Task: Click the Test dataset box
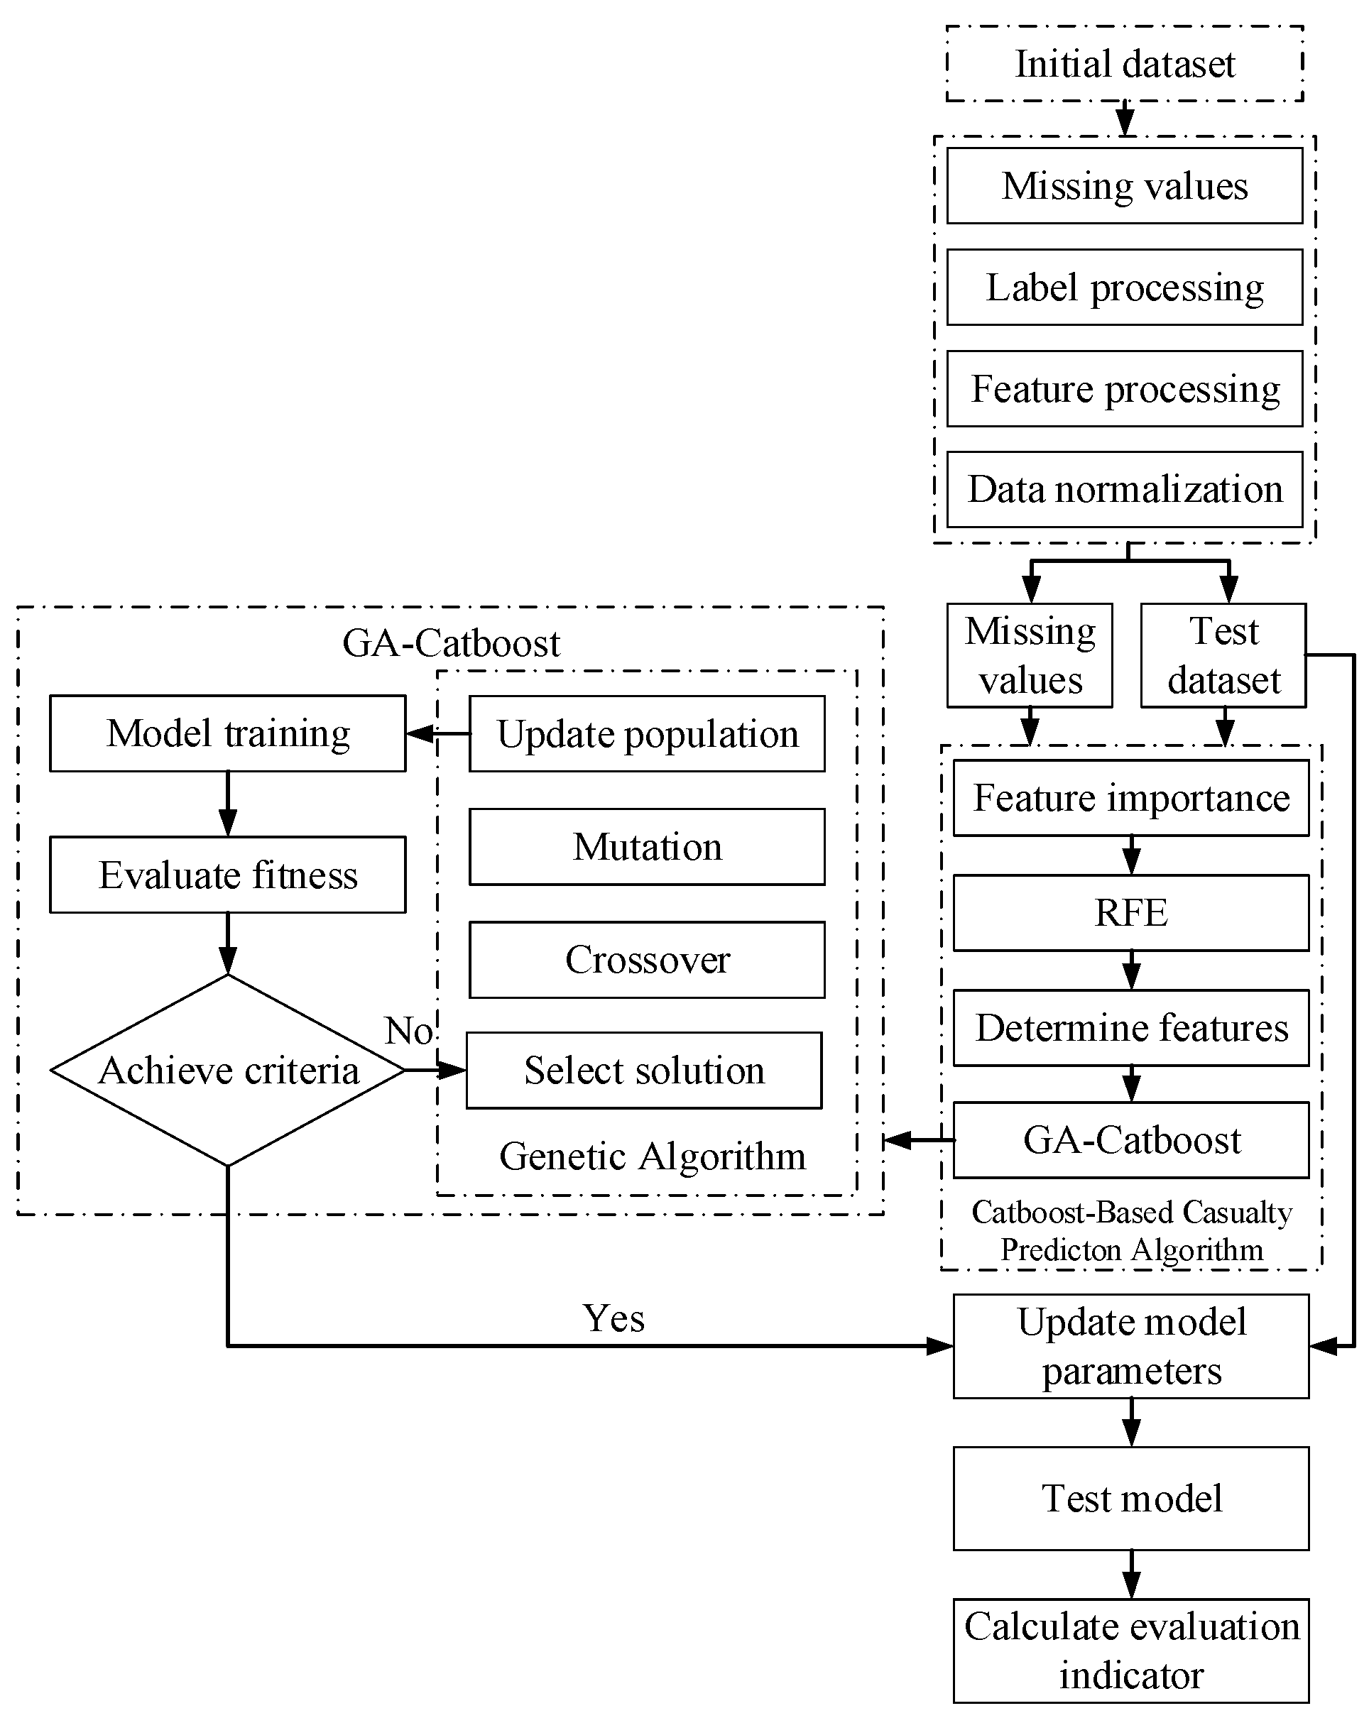[1223, 655]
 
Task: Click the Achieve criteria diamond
[228, 1070]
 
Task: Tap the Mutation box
[647, 846]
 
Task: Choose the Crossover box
[647, 959]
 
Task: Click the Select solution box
[643, 1070]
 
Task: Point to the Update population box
[647, 733]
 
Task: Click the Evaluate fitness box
[228, 875]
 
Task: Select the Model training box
[228, 733]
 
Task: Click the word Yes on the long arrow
[613, 1318]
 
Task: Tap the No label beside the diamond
[408, 1031]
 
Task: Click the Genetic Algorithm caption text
[652, 1156]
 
